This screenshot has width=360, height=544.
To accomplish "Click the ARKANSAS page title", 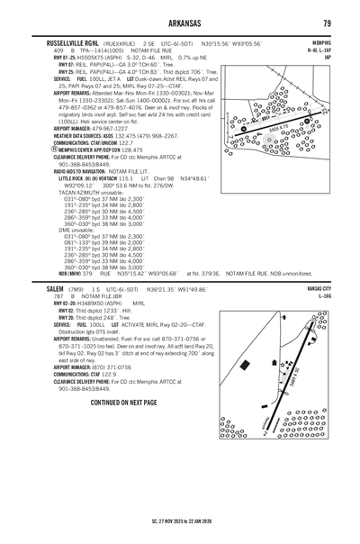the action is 180,25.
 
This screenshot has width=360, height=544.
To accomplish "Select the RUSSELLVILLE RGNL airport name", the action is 70,42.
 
